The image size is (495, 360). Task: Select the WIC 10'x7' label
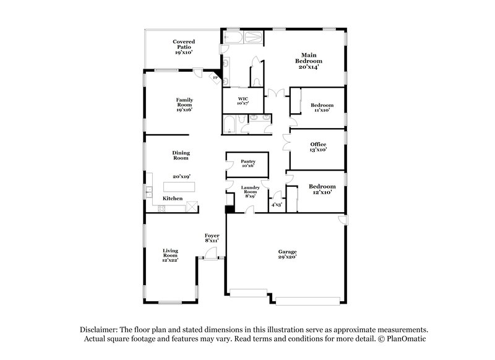tap(243, 101)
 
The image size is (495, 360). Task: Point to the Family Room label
tap(184, 103)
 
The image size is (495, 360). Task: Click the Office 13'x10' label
tap(318, 147)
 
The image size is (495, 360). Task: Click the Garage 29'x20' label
tap(287, 254)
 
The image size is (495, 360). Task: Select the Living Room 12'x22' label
tap(170, 255)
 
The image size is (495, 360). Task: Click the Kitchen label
tap(173, 199)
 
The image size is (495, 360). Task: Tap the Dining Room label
tap(181, 155)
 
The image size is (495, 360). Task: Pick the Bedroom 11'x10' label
tap(322, 108)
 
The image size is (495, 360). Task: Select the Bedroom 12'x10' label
tap(322, 189)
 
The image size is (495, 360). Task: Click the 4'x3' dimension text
tap(277, 205)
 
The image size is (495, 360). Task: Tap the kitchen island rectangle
tap(179, 187)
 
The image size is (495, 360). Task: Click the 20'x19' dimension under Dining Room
tap(181, 176)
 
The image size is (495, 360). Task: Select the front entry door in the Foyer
tap(212, 253)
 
